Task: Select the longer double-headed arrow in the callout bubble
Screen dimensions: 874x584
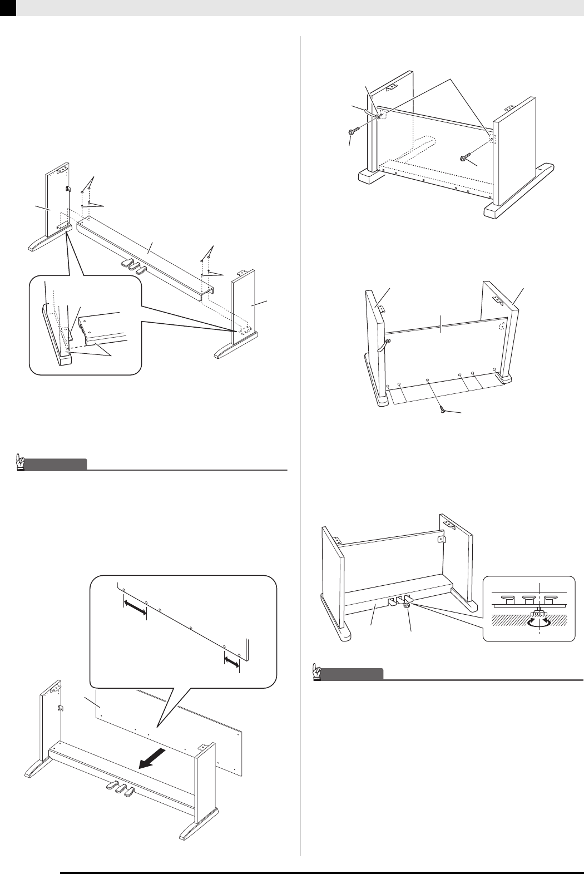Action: (134, 608)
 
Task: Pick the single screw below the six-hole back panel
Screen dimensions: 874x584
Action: (443, 409)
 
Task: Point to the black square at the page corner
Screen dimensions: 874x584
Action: (8, 7)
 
